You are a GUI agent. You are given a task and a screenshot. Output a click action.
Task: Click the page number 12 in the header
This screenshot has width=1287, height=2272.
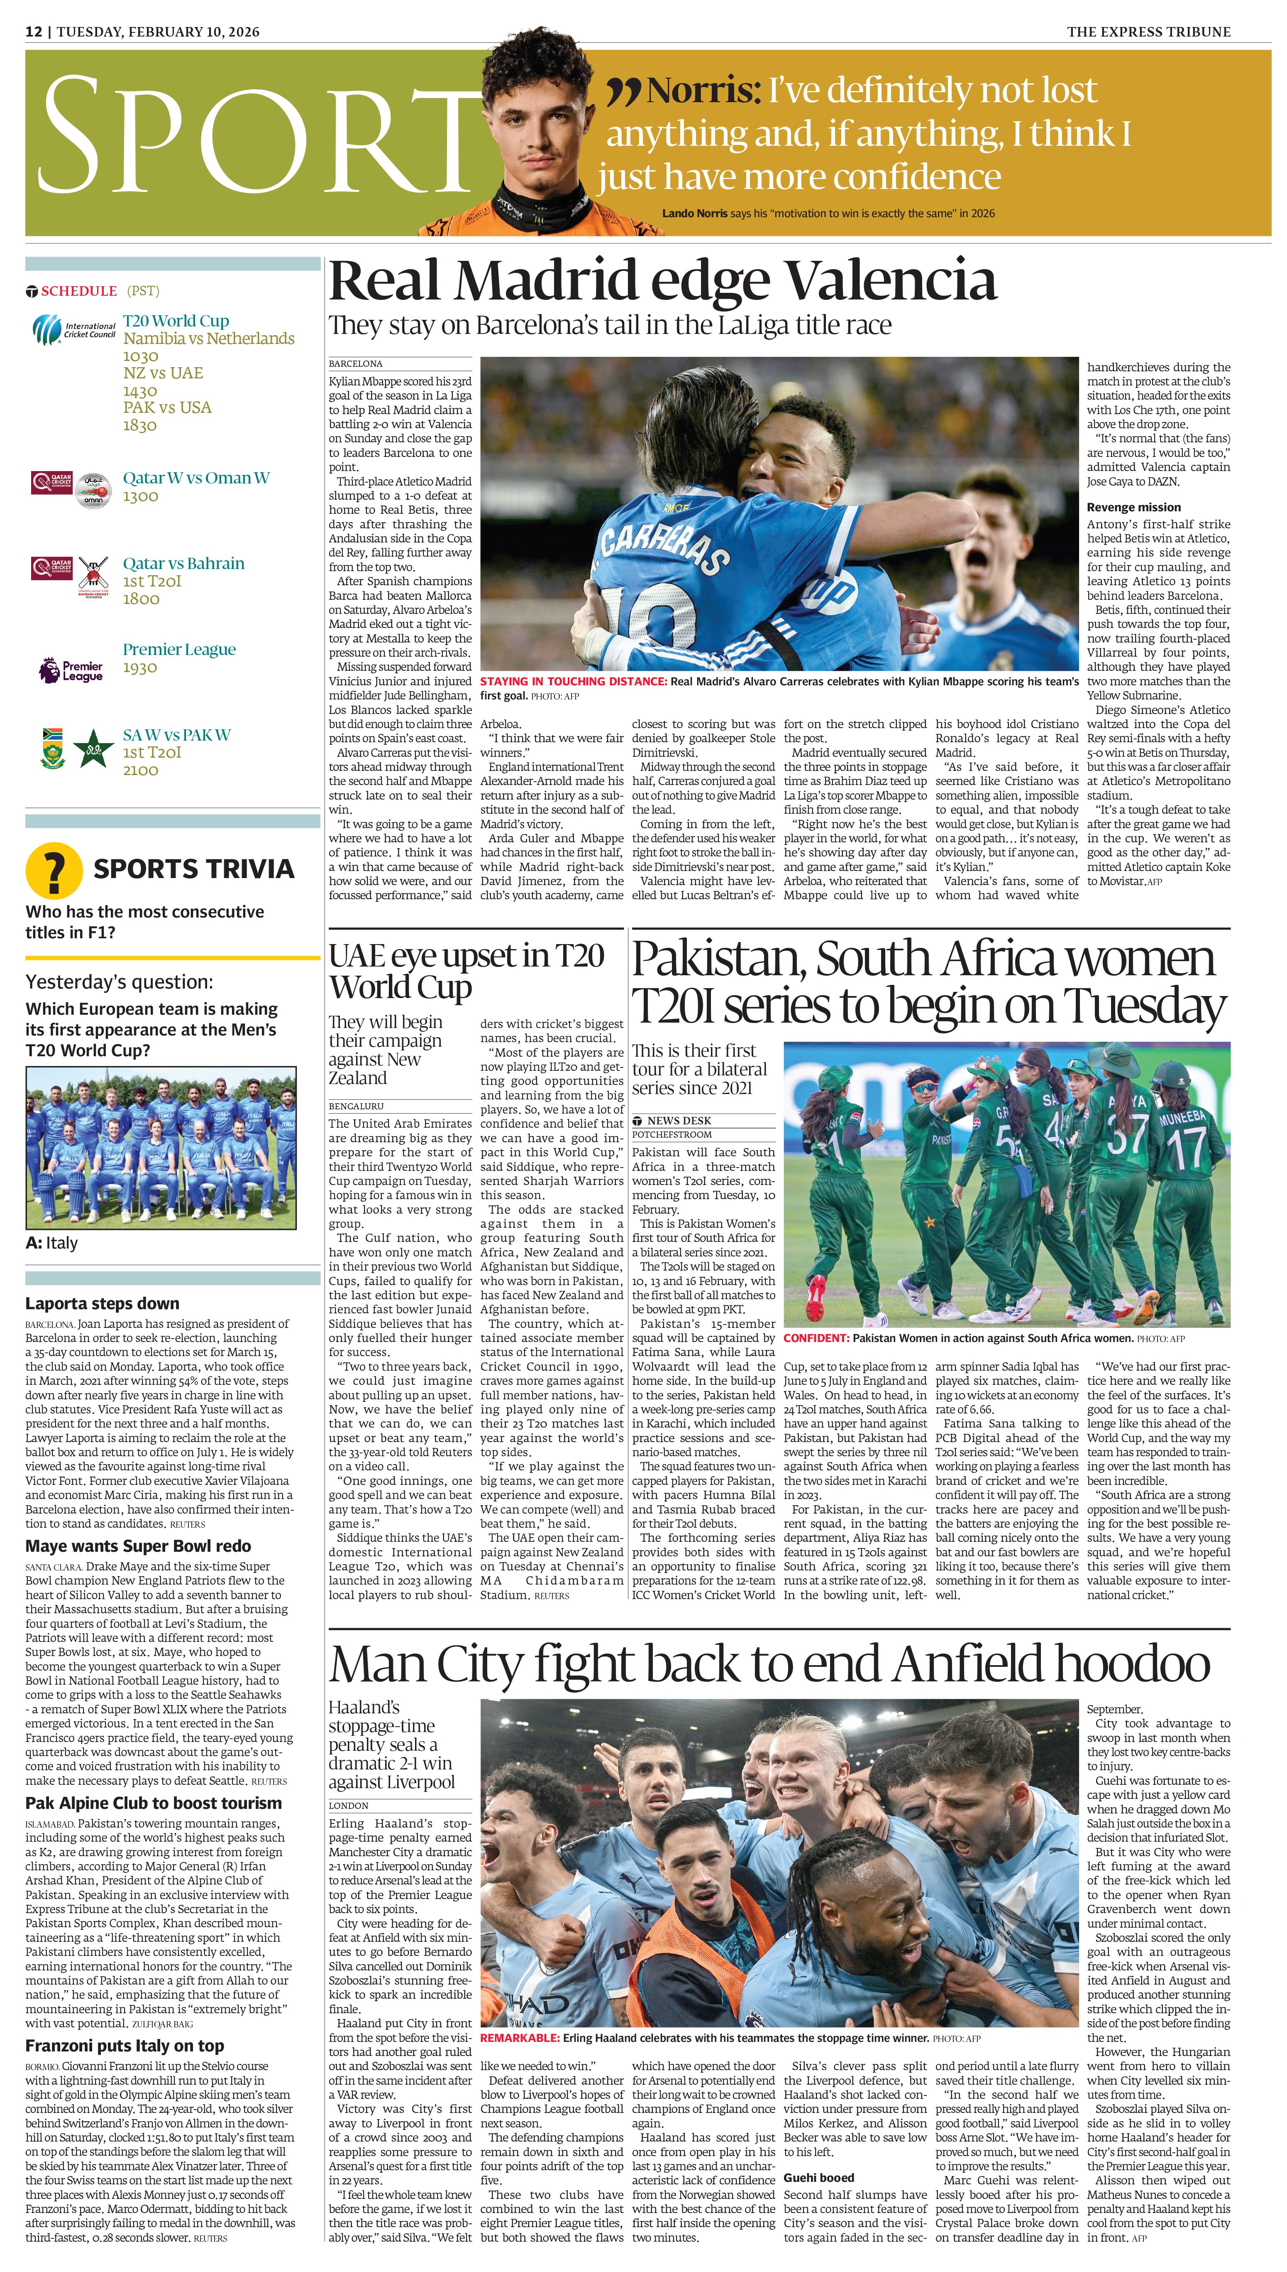pos(34,32)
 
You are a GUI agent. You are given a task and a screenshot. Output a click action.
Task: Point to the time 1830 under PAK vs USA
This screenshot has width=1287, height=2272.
pos(140,425)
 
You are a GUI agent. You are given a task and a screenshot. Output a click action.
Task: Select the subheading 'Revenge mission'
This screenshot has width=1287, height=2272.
pos(1133,507)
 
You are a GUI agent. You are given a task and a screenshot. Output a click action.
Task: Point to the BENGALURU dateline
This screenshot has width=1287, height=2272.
pos(356,1106)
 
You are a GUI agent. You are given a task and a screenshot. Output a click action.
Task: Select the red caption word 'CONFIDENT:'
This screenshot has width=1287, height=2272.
pos(816,1338)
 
